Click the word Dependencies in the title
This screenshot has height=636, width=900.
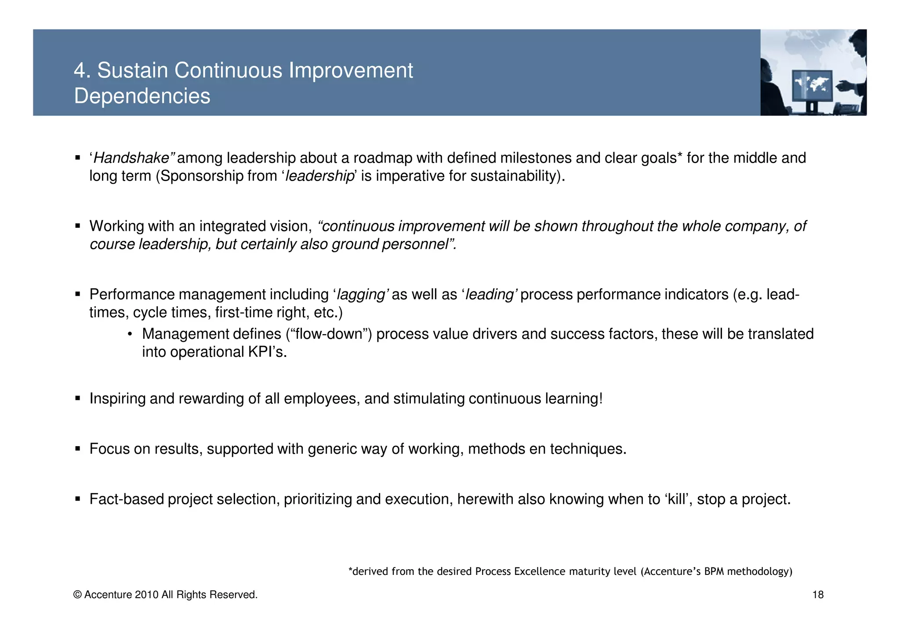tap(142, 96)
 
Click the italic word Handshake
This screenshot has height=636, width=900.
tap(132, 158)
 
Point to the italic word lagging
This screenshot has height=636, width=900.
tap(361, 294)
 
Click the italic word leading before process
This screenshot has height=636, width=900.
tap(490, 294)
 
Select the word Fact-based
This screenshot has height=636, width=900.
tap(127, 499)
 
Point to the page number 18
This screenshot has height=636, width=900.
tap(818, 595)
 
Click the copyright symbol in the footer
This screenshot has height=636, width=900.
tap(77, 595)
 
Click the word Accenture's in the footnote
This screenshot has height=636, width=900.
tap(672, 571)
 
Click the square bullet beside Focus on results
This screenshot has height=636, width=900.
tap(78, 449)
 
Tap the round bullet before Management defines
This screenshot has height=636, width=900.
tap(130, 334)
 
